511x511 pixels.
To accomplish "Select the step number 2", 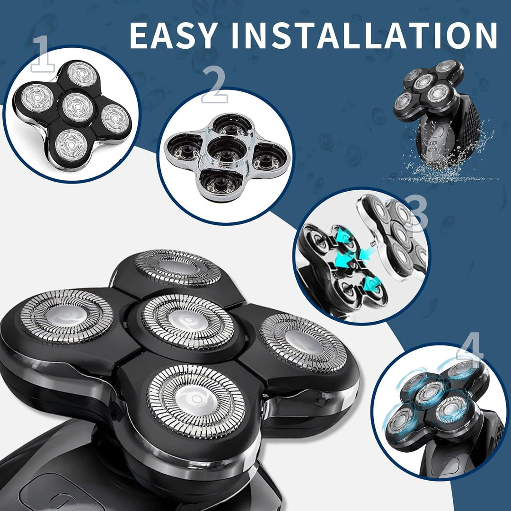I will tap(214, 85).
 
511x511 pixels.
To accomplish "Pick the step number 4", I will tap(470, 349).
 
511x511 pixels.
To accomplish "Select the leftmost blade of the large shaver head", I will tap(67, 316).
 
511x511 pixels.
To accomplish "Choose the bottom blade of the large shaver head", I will tap(196, 401).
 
